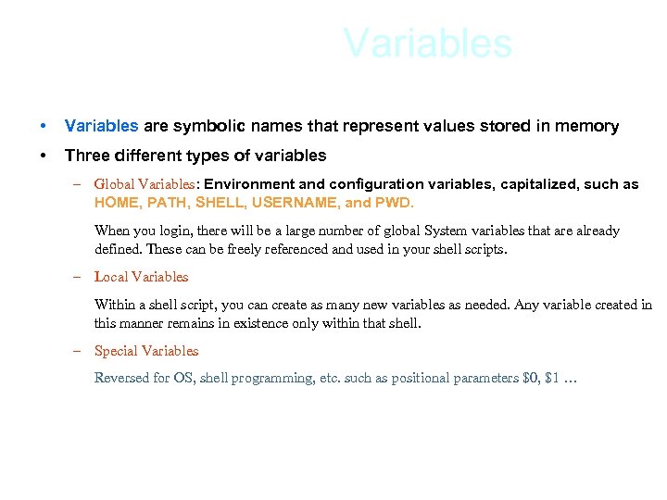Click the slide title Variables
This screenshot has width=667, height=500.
click(427, 44)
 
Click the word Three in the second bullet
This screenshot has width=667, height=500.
click(85, 155)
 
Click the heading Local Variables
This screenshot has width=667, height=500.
click(141, 277)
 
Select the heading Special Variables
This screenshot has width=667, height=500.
click(146, 351)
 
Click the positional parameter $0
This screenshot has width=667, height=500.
click(531, 378)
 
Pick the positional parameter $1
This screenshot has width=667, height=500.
click(554, 378)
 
